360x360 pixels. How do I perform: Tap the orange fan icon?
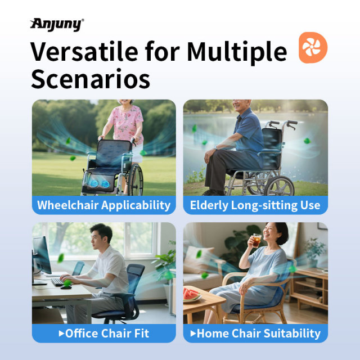313,47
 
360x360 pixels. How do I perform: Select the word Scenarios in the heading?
90,79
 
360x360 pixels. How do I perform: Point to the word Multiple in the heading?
236,52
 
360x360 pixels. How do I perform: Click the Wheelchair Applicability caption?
103,205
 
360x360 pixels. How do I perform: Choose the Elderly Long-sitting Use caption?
255,205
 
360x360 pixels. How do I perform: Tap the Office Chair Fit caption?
103,333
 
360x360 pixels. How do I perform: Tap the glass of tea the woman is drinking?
256,240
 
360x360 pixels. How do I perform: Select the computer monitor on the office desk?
42,256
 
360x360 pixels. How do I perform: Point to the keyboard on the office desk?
58,281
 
